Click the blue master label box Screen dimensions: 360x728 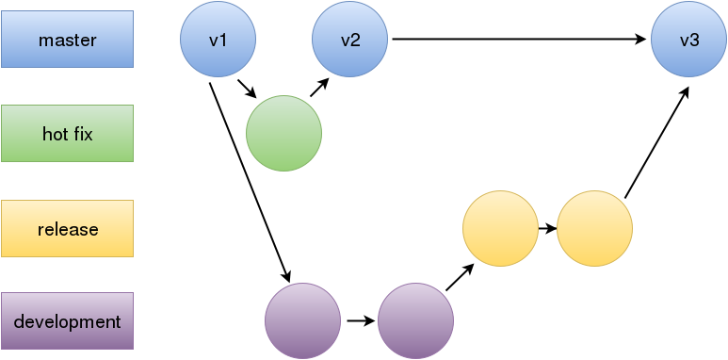pos(67,40)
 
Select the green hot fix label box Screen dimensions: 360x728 pos(67,134)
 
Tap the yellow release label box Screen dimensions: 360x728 pos(67,228)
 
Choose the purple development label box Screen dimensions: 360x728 pos(67,321)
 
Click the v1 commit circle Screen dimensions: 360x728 pos(218,40)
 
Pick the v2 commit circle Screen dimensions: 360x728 pos(350,40)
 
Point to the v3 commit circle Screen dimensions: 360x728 pos(688,40)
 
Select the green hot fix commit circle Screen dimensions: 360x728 pos(283,134)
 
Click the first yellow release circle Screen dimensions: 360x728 pos(500,228)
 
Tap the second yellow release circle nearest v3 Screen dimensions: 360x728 pos(594,228)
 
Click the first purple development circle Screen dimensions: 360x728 pos(302,321)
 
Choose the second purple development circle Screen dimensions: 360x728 pos(415,321)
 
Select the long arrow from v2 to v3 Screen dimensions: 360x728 pos(518,40)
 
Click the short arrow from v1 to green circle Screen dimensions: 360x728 pos(247,89)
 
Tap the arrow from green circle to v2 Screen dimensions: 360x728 pos(318,88)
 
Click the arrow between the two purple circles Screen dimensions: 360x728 pos(359,321)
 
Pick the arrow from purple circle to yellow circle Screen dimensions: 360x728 pos(459,276)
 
